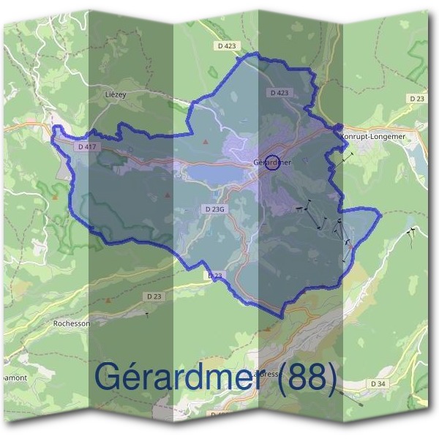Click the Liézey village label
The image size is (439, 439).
[116, 95]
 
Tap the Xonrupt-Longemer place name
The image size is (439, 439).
[378, 136]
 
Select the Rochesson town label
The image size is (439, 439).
[72, 322]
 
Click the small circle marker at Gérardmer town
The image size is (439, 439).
[272, 162]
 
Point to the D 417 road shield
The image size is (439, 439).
[86, 147]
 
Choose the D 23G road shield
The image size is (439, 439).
[215, 209]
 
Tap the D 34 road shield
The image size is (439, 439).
[378, 383]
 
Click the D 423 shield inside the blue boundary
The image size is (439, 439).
[279, 93]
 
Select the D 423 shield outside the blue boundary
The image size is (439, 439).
[228, 45]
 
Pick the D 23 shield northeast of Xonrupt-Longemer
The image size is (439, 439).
[416, 98]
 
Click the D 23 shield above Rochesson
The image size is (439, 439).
[154, 296]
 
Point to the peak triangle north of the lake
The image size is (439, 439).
[206, 140]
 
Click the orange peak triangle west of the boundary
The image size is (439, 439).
[55, 196]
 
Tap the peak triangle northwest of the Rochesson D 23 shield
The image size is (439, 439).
[109, 300]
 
